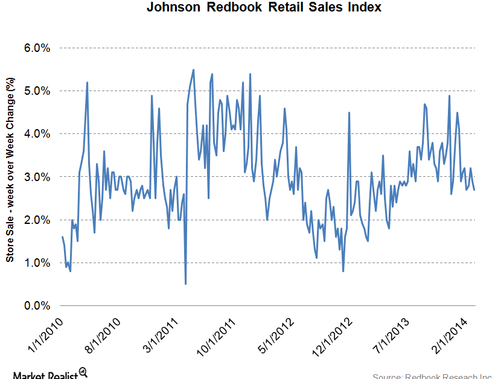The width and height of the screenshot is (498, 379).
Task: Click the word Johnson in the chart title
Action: pyautogui.click(x=171, y=8)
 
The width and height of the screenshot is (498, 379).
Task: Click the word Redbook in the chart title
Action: pyautogui.click(x=232, y=8)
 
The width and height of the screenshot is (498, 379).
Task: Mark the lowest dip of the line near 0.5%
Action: pyautogui.click(x=185, y=283)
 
